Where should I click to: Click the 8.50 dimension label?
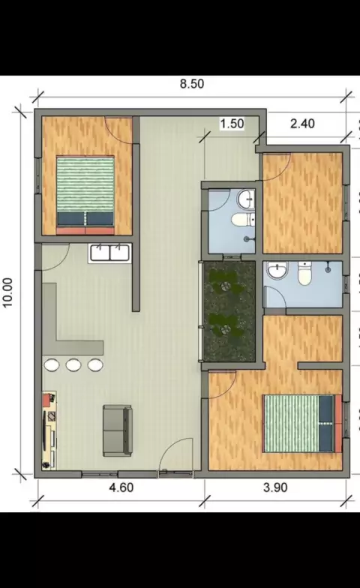[x=192, y=84]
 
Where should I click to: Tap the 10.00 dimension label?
[x=7, y=292]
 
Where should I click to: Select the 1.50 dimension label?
[x=232, y=123]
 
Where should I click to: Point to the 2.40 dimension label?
[x=302, y=123]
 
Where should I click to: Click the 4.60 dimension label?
[x=121, y=487]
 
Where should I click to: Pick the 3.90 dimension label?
[x=275, y=487]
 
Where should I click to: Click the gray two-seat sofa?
[x=118, y=430]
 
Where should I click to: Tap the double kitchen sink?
[x=109, y=253]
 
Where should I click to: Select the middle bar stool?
[x=73, y=364]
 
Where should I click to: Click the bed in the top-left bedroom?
[x=85, y=195]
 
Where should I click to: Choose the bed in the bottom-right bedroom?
[x=302, y=423]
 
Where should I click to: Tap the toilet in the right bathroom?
[x=304, y=273]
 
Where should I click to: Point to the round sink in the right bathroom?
[x=277, y=271]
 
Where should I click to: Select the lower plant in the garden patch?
[x=224, y=327]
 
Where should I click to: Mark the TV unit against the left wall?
[x=49, y=430]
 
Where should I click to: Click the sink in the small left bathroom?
[x=246, y=199]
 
